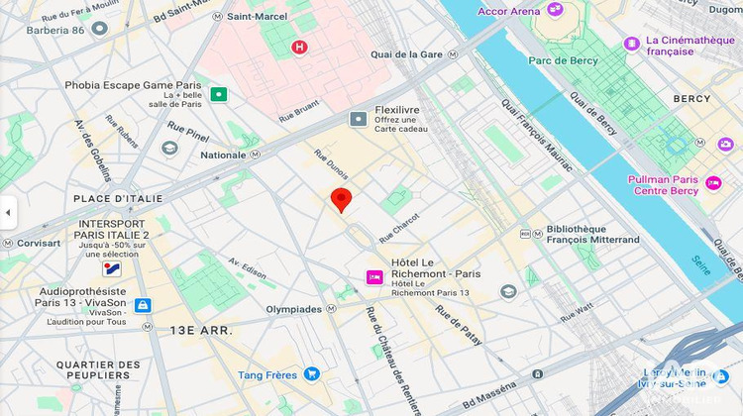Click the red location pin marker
pyautogui.click(x=341, y=199)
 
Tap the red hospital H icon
pyautogui.click(x=299, y=47)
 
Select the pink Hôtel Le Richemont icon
pyautogui.click(x=374, y=277)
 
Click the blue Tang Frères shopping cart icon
pyautogui.click(x=312, y=374)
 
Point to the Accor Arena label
pyautogui.click(x=509, y=11)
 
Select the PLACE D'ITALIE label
pyautogui.click(x=118, y=199)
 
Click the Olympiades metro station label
pyautogui.click(x=294, y=309)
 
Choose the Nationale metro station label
pyautogui.click(x=223, y=156)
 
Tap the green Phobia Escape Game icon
pyautogui.click(x=218, y=95)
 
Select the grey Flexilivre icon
pyautogui.click(x=358, y=119)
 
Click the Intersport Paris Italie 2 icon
pyautogui.click(x=113, y=268)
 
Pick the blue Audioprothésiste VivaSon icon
pyautogui.click(x=143, y=306)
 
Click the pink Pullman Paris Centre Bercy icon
pyautogui.click(x=713, y=183)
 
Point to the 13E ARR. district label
pyautogui.click(x=201, y=330)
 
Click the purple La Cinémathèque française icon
pyautogui.click(x=631, y=44)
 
